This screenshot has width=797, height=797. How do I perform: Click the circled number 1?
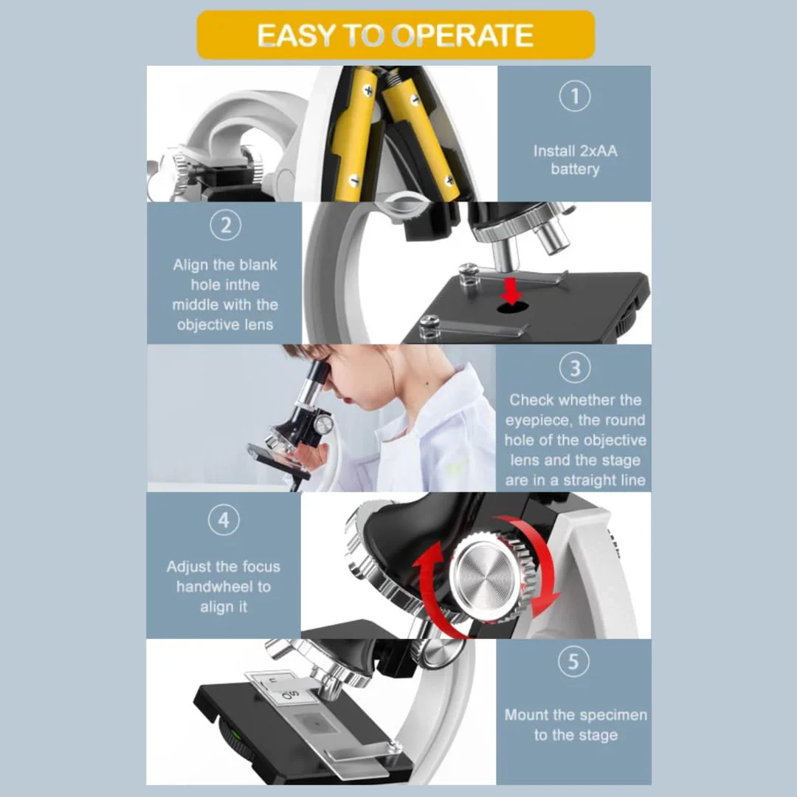(574, 95)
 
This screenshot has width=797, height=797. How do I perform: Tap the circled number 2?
(225, 225)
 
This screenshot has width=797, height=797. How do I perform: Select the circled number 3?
(574, 368)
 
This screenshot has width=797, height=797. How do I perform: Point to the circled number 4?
(224, 520)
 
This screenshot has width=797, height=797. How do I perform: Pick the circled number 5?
(573, 661)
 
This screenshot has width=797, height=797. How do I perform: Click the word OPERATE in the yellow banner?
(463, 35)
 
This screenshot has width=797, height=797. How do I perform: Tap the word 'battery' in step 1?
(575, 169)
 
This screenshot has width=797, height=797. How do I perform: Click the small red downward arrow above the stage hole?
(511, 290)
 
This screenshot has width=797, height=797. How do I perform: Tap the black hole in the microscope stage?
(512, 307)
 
